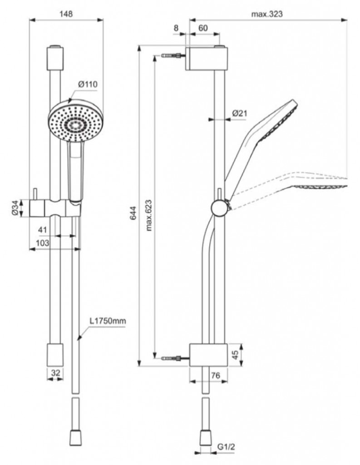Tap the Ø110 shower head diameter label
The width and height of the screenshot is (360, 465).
tap(88, 84)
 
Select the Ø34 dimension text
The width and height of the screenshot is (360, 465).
tap(15, 208)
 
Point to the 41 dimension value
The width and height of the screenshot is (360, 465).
tap(43, 230)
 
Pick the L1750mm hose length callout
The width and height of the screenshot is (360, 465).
tap(107, 322)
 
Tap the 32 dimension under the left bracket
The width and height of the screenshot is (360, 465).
tap(56, 372)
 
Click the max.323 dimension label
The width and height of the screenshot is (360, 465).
tap(267, 14)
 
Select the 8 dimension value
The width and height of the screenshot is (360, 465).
tap(176, 28)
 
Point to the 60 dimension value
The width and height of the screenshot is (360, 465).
tap(202, 28)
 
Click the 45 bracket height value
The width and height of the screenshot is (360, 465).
tap(235, 354)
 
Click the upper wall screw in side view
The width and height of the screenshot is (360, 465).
tap(173, 56)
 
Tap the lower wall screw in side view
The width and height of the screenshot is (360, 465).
tap(173, 358)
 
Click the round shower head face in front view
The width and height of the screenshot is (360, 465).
tap(75, 122)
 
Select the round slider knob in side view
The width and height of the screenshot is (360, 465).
tap(219, 208)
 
